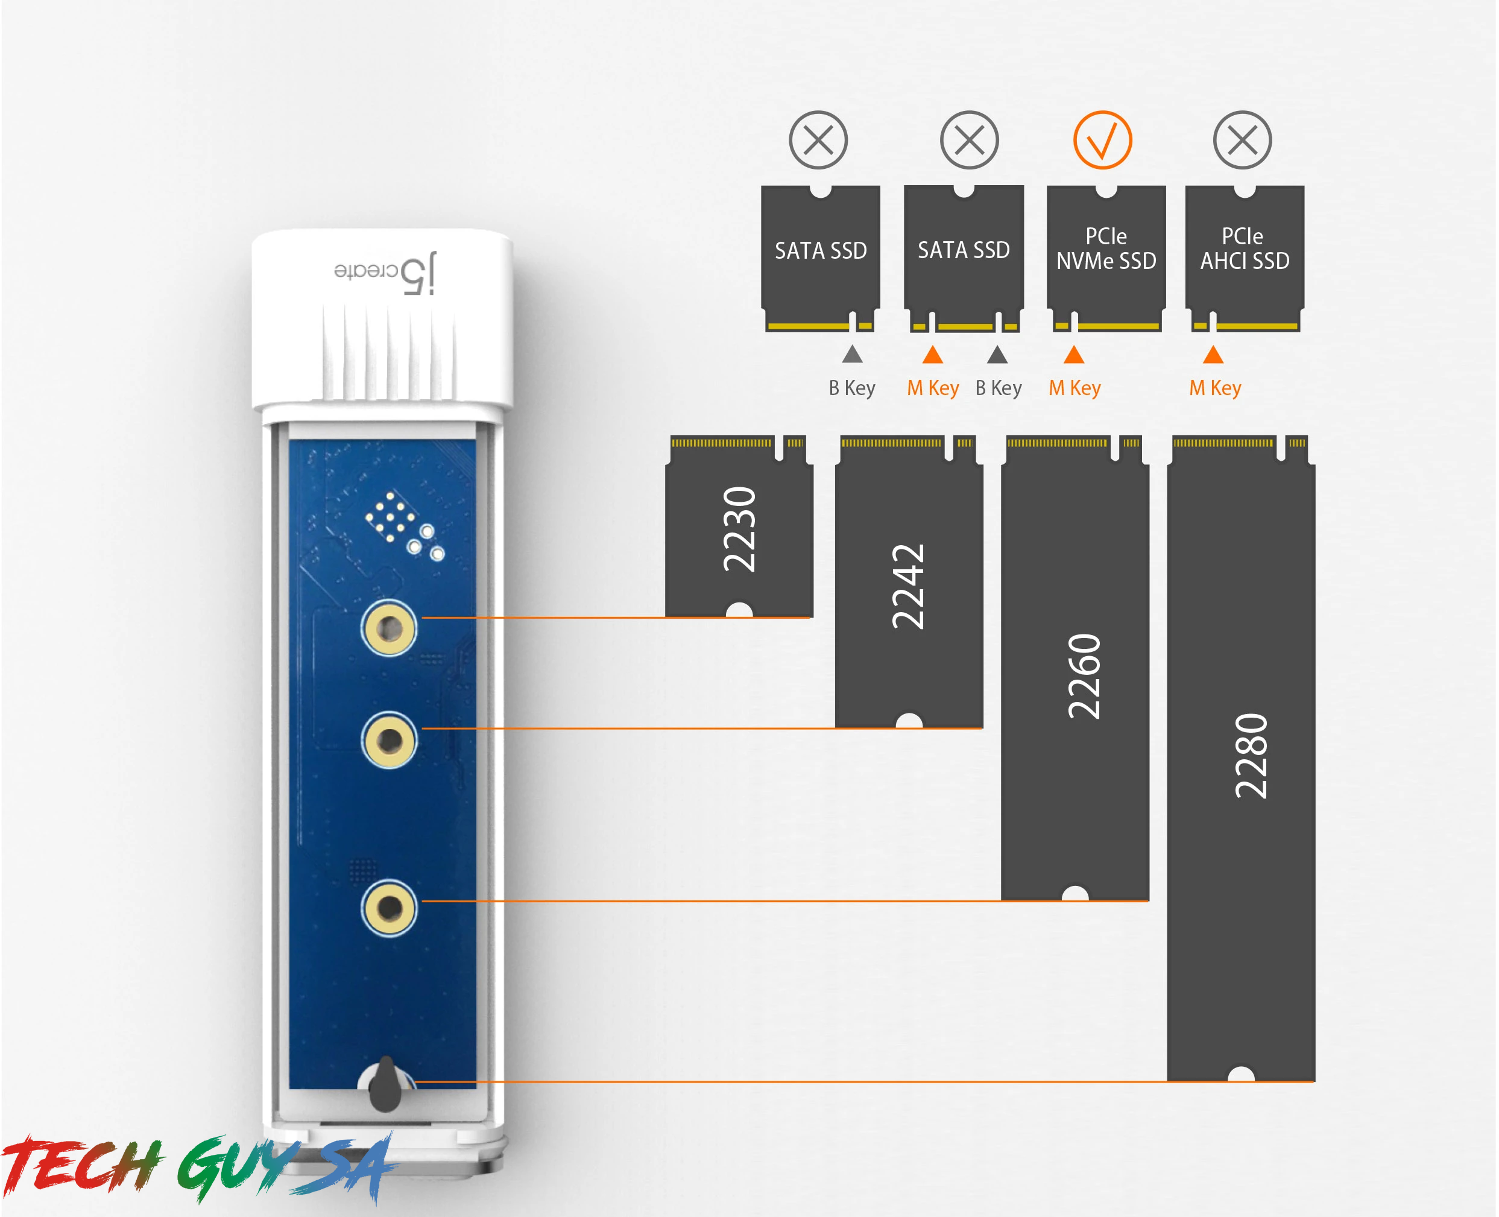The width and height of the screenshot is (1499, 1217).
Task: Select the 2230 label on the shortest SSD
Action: tap(740, 529)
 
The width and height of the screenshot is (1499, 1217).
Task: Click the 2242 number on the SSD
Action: tap(909, 587)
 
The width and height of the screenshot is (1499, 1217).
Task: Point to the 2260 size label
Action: tap(1085, 677)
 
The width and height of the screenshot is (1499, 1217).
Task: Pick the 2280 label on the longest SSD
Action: tap(1252, 756)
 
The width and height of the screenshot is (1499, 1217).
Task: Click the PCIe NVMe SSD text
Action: tap(1106, 249)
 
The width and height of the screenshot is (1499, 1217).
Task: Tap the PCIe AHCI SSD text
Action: tap(1245, 249)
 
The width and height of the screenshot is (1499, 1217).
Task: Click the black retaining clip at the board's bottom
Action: tap(385, 1085)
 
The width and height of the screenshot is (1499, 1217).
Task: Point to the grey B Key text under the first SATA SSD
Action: tap(852, 388)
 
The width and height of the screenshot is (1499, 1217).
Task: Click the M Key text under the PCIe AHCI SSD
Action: tap(1215, 388)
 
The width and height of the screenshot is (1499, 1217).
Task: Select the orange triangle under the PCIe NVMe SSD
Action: tap(1075, 355)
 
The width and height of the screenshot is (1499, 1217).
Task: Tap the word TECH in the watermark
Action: tap(81, 1165)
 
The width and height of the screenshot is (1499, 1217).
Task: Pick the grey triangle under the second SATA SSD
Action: tap(997, 355)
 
